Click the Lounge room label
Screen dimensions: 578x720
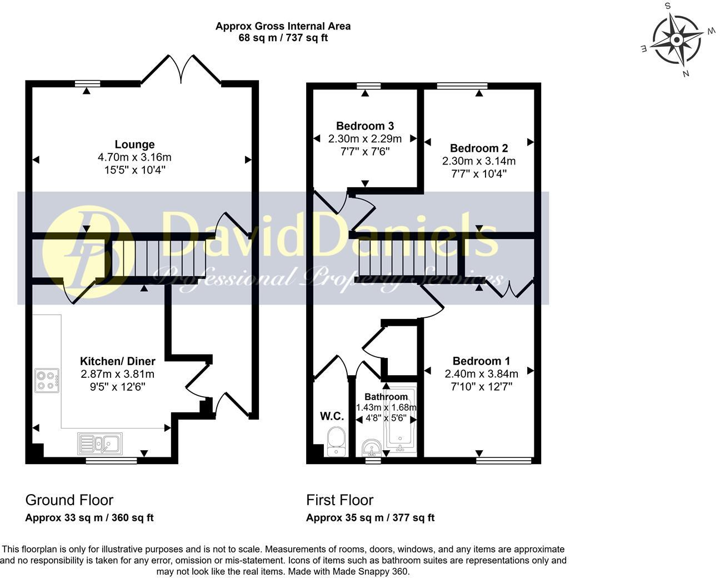pos(134,144)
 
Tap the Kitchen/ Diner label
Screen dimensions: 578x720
pos(117,361)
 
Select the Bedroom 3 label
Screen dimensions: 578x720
pos(364,126)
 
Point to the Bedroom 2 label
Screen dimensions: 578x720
pos(478,148)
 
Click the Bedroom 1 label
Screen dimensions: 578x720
pos(481,361)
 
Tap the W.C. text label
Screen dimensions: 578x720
pos(332,416)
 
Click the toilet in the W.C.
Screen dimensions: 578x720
pos(336,441)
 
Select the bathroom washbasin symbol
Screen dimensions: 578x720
pos(371,446)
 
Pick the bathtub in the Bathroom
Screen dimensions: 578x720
pos(402,431)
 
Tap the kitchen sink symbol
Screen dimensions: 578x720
pos(101,444)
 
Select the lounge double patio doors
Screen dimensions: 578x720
pos(181,69)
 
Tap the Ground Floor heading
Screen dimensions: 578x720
pos(69,500)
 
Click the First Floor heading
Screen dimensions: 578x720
pos(339,500)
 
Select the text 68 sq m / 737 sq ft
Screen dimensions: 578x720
pos(283,38)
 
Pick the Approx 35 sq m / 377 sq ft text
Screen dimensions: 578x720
pos(370,518)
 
